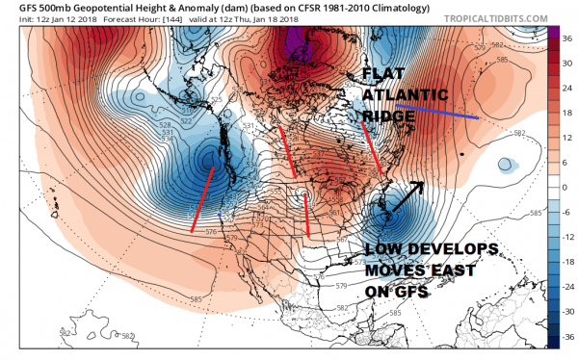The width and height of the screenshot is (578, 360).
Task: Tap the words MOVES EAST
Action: pyautogui.click(x=420, y=270)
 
